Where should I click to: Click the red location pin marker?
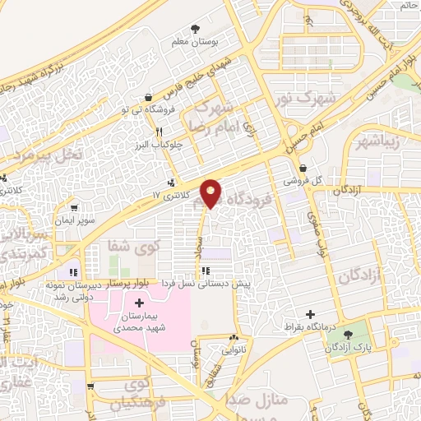[x=210, y=192]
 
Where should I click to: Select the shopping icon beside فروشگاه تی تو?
[x=147, y=96]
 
